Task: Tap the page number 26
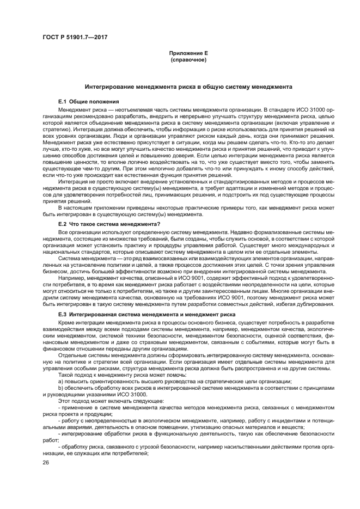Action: [46, 463]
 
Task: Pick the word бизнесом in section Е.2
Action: [55, 271]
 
